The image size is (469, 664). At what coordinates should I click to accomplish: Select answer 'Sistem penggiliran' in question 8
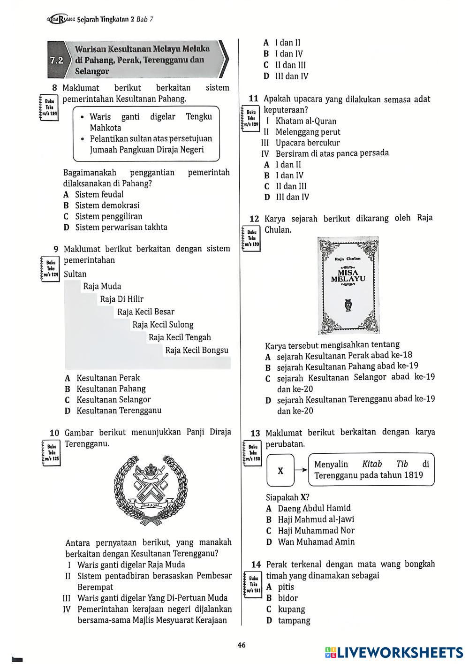[x=108, y=216]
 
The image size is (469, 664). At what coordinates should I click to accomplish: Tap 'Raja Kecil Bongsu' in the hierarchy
[x=197, y=350]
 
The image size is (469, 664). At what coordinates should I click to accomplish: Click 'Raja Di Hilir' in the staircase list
[x=121, y=299]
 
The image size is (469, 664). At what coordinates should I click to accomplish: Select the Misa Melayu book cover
[x=348, y=285]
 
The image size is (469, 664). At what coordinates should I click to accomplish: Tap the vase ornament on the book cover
[x=348, y=305]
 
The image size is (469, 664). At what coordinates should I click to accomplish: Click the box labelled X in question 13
[x=280, y=470]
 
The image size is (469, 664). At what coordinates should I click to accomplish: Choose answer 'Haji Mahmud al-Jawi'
[x=316, y=519]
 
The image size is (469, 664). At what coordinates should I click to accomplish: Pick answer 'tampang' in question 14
[x=294, y=620]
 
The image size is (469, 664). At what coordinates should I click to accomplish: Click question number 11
[x=254, y=99]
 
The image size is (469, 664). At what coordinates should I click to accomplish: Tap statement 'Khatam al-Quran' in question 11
[x=306, y=121]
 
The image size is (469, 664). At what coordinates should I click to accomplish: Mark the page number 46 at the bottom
[x=242, y=645]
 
